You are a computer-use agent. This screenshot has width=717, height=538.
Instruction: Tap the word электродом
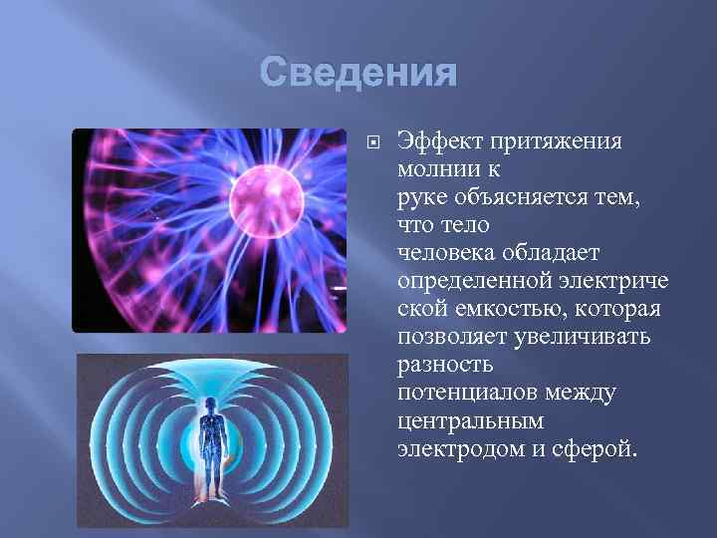[x=453, y=450]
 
